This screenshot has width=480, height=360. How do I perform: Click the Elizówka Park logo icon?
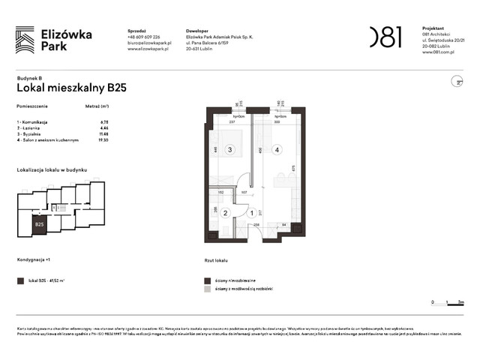coord(25,39)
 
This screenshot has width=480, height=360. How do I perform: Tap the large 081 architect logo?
coord(385,37)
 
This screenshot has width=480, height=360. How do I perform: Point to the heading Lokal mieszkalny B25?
coord(71,88)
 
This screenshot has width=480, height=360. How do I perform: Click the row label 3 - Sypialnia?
coord(33,134)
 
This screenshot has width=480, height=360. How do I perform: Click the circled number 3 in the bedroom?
coord(229,150)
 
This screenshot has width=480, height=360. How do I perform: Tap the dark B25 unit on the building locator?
coord(40,223)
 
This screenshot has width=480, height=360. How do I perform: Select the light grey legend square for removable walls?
coord(208,288)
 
